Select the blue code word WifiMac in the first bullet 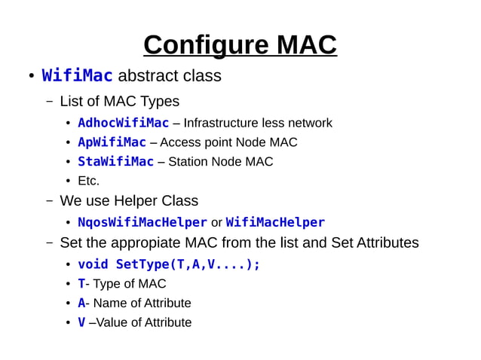pos(78,76)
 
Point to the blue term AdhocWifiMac pos(124,123)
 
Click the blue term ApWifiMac pos(112,142)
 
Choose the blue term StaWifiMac pos(116,162)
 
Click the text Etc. pos(89,181)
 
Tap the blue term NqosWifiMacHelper pos(142,223)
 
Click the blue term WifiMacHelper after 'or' pos(275,223)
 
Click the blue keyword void pos(93,264)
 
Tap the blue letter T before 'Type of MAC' pos(81,284)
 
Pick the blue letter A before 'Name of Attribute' pos(81,304)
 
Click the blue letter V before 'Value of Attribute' pos(81,323)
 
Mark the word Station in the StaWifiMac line pos(189,162)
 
